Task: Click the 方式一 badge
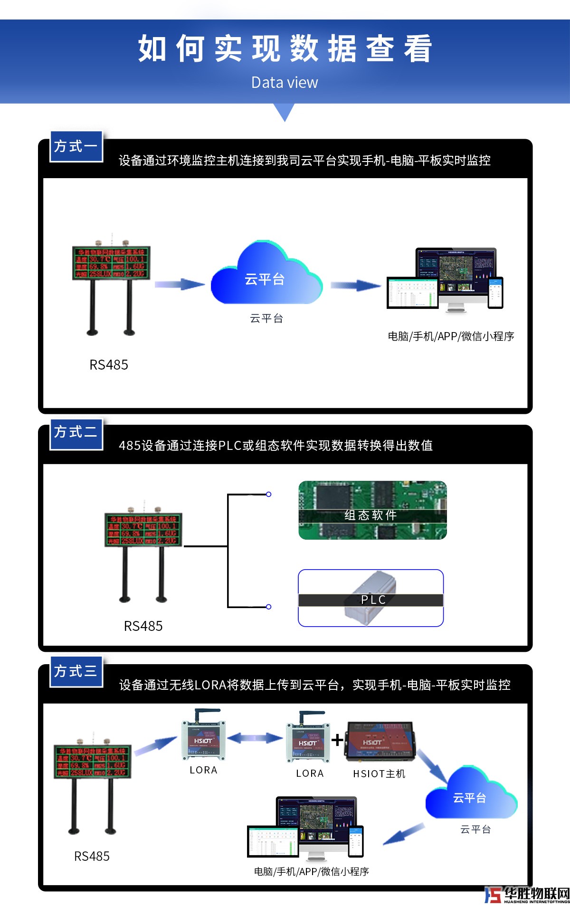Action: pyautogui.click(x=76, y=146)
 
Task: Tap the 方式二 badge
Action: pyautogui.click(x=76, y=432)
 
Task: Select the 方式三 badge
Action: pyautogui.click(x=76, y=671)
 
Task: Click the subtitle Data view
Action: pyautogui.click(x=285, y=83)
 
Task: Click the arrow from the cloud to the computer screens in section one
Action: pyautogui.click(x=355, y=286)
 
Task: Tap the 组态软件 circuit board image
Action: pyautogui.click(x=372, y=510)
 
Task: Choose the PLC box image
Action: pyautogui.click(x=370, y=598)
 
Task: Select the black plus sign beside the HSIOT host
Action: pyautogui.click(x=337, y=740)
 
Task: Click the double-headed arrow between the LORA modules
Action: pyautogui.click(x=255, y=738)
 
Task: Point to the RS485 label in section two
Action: pyautogui.click(x=143, y=626)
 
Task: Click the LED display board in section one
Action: pyautogui.click(x=111, y=262)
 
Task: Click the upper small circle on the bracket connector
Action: pyautogui.click(x=268, y=494)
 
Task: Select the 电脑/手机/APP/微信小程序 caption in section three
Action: pyautogui.click(x=311, y=871)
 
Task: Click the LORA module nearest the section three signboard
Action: pyautogui.click(x=203, y=738)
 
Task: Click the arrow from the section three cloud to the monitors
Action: pyautogui.click(x=404, y=834)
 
